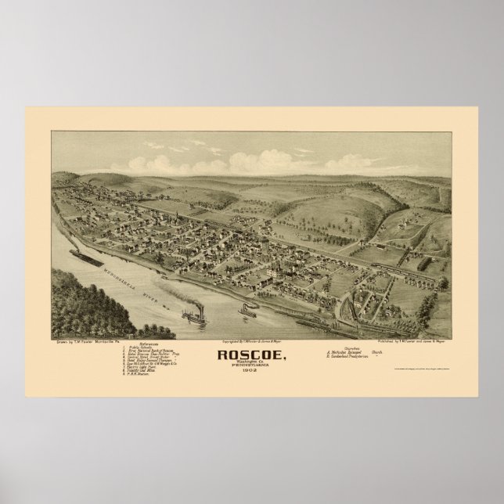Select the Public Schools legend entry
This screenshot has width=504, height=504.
point(142,326)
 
